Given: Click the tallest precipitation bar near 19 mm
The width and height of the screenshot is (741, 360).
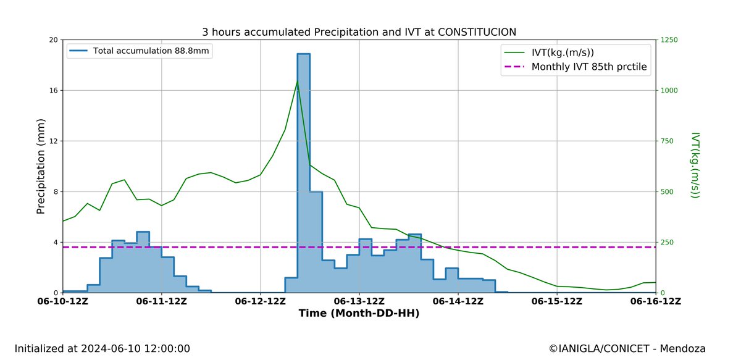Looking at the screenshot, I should (303, 173).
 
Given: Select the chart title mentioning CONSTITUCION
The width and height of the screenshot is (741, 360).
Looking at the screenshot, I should (359, 31).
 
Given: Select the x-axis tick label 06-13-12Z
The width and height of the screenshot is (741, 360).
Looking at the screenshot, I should (359, 301).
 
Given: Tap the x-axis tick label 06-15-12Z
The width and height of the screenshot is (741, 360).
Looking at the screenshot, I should (557, 301).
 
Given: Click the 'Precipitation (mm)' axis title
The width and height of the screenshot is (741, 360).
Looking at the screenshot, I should (41, 166).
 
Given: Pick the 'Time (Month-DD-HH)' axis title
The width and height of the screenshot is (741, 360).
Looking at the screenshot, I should (359, 314).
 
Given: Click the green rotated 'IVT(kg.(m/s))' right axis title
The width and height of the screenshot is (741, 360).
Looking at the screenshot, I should (695, 165).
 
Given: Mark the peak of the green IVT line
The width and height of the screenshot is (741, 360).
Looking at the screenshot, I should (297, 81).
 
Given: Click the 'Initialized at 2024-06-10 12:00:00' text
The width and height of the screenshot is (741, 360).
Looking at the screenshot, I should (103, 349).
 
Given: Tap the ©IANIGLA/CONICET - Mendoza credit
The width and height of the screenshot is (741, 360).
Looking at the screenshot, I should (627, 349).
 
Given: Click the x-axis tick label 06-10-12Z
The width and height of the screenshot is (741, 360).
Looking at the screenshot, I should (63, 301).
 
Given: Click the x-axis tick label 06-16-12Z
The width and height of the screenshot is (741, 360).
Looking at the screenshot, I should (655, 301).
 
